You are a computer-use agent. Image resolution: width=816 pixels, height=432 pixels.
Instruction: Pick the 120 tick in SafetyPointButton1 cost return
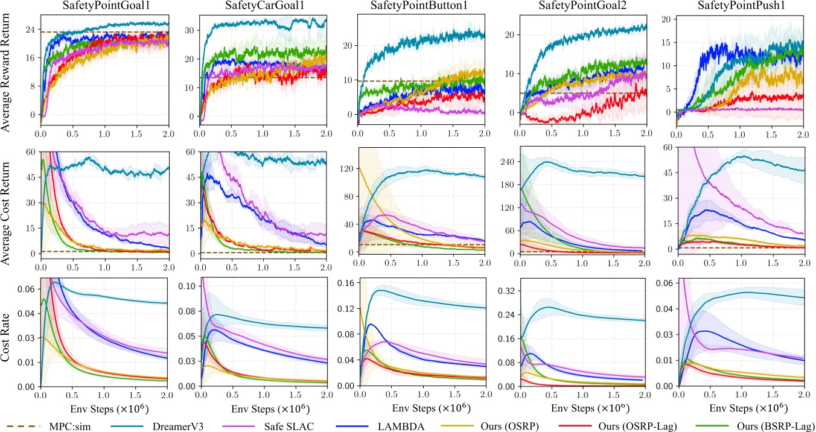coord(345,169)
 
